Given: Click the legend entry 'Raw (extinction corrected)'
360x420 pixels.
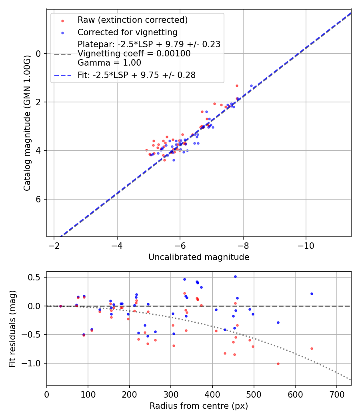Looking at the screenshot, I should tap(132, 20).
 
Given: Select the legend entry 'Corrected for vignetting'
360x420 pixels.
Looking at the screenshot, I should tap(127, 32).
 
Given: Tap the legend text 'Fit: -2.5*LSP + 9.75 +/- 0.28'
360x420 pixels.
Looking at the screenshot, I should tap(136, 75).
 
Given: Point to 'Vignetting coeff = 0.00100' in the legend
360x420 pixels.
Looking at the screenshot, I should tap(134, 54).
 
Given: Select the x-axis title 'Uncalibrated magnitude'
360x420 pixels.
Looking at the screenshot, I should tap(199, 257).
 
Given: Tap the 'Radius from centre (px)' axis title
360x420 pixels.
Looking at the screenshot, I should tap(199, 406).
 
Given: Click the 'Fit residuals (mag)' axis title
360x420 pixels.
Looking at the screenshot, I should tap(12, 328).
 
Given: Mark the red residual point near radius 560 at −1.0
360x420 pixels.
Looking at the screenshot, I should tap(278, 364).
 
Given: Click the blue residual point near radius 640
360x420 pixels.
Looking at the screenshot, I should tap(312, 294).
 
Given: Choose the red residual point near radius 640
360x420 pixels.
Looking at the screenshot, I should tap(312, 348).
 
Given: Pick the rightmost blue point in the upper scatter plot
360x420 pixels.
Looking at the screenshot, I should tap(251, 86).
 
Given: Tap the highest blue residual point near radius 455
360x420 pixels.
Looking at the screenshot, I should tap(235, 276).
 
